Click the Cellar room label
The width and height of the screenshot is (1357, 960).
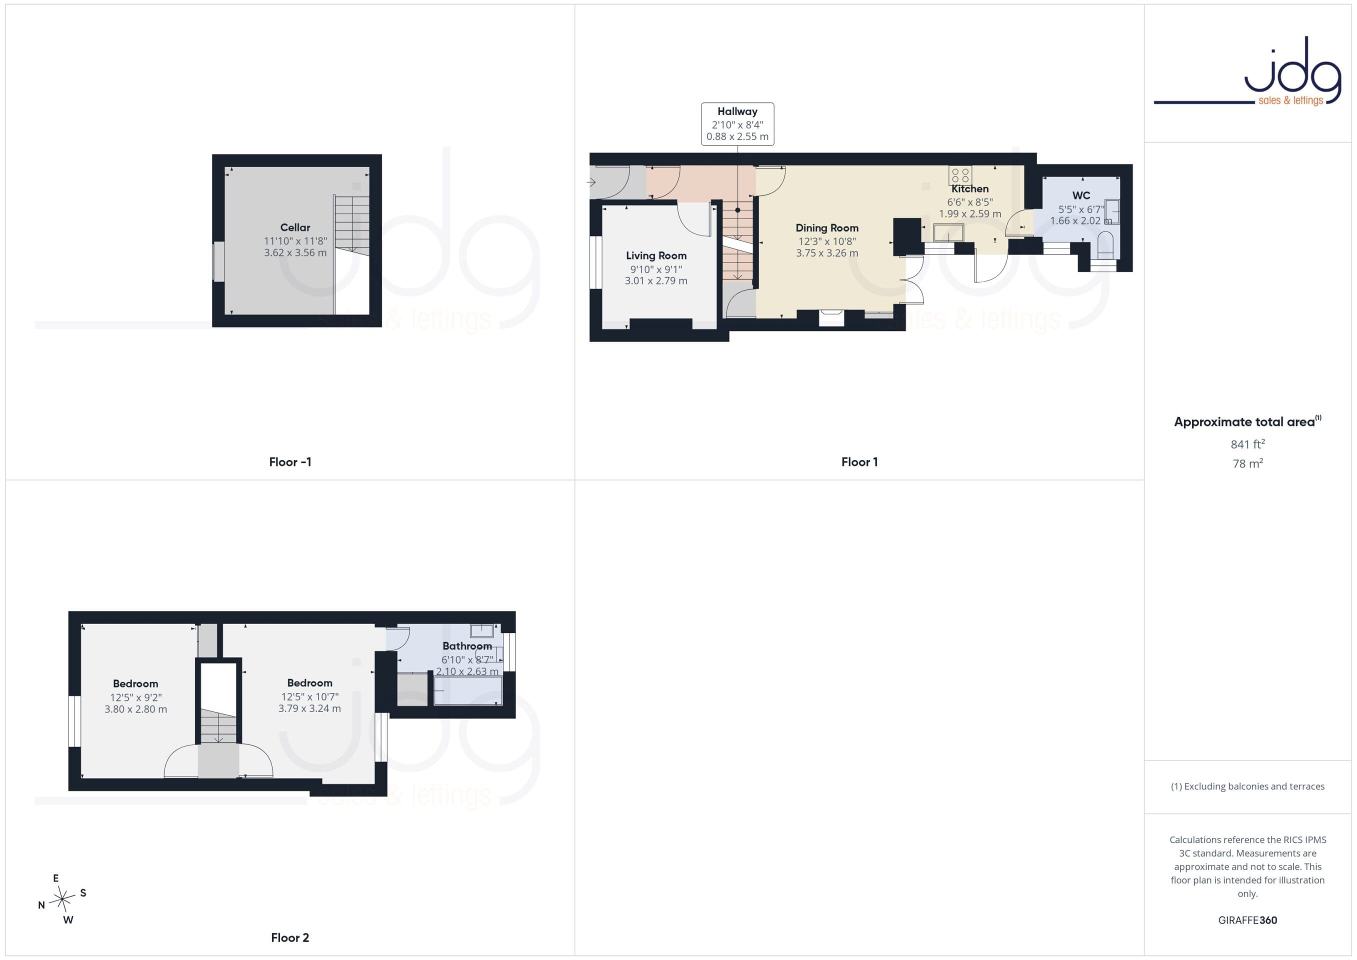[295, 227]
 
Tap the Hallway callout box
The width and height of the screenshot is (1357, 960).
[737, 124]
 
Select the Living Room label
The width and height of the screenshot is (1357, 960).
[656, 255]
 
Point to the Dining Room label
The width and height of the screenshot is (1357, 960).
[827, 227]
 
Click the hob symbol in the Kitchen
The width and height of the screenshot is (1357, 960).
[960, 175]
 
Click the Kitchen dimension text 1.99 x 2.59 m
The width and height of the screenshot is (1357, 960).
[970, 214]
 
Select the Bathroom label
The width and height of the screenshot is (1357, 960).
[467, 646]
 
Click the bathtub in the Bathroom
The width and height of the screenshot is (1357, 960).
[468, 690]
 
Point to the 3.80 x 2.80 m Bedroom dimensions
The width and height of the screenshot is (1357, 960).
[136, 709]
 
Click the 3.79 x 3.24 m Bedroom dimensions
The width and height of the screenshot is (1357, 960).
[309, 708]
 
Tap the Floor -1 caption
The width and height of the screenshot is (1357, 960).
[290, 462]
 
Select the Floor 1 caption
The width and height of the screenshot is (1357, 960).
[859, 462]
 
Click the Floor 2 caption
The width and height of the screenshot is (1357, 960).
[290, 937]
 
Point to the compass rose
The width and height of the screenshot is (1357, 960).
[62, 899]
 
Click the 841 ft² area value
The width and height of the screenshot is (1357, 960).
[1247, 444]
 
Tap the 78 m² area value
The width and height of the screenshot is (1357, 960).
[1247, 463]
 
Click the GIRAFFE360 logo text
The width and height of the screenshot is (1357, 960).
[1247, 920]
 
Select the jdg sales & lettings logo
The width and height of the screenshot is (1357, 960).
[1247, 72]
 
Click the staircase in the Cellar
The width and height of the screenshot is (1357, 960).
[351, 254]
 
